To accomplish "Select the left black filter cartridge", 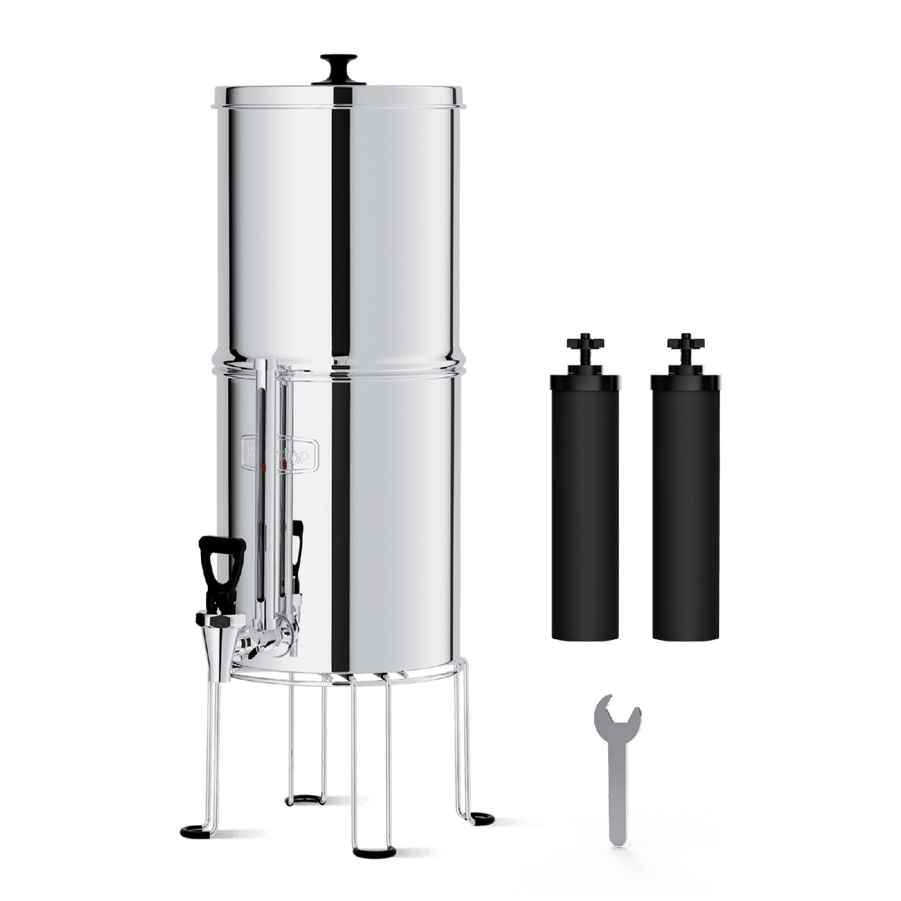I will click(x=583, y=509).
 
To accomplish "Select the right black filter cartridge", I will click(x=687, y=509).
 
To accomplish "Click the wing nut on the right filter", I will click(x=687, y=345).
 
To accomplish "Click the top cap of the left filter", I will click(x=583, y=380).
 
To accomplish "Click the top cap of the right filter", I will click(x=687, y=380).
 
